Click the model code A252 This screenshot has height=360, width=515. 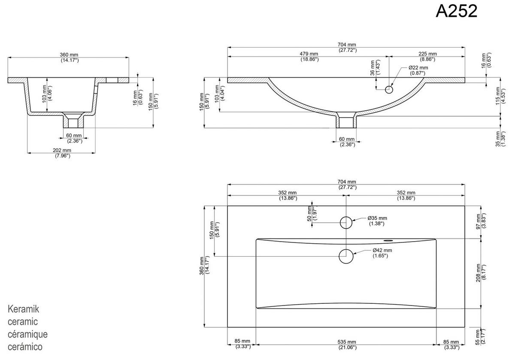(x=456, y=12)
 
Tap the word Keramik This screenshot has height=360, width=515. (x=24, y=309)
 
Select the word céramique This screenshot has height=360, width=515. (x=27, y=334)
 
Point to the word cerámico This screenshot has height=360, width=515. (x=25, y=347)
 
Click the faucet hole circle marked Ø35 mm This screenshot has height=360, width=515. (x=346, y=222)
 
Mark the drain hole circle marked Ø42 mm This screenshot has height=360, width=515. (x=346, y=256)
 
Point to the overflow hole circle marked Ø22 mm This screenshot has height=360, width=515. (x=389, y=90)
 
